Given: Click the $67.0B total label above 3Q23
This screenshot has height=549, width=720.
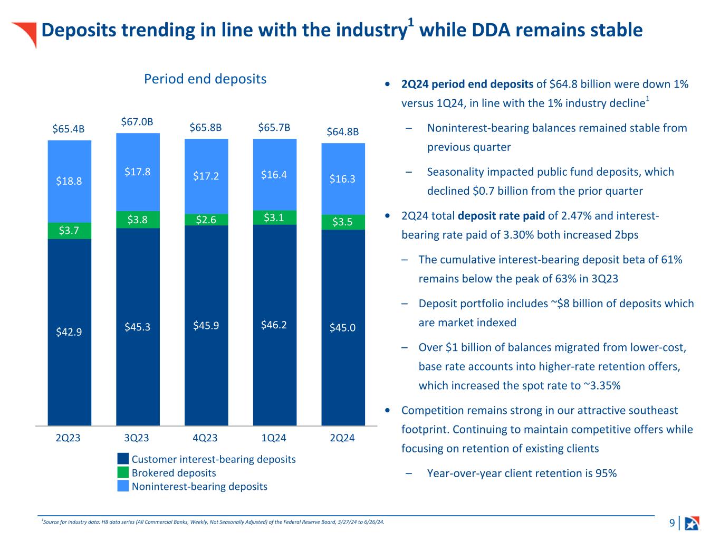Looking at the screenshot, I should pos(137,122).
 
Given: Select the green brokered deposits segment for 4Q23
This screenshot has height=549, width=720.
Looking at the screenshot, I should pos(206,220).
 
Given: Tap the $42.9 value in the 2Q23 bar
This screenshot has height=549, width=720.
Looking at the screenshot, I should pos(69,332).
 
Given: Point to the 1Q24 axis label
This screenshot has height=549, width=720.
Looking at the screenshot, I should pos(274,438).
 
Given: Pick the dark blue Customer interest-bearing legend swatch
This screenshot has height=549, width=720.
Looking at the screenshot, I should pos(123,459).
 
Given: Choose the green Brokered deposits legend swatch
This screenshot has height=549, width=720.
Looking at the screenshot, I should pos(123,472).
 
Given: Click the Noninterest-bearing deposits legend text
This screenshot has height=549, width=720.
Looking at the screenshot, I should pos(199,486).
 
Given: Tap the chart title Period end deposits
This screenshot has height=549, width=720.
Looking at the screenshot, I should pos(205,79).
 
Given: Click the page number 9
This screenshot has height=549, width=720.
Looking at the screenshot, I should pos(672,523).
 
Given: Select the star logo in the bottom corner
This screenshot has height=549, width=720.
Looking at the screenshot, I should pos(692,523).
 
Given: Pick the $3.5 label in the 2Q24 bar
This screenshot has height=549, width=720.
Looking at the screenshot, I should pos(342,222).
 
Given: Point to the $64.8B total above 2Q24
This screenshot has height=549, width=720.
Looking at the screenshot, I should pos(342,131).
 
